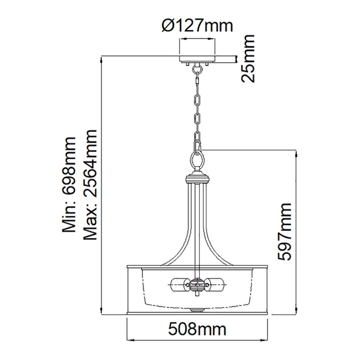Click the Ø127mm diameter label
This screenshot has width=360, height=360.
click(x=197, y=25)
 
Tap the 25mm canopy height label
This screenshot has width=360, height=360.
click(x=246, y=58)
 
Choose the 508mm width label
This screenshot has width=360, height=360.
click(x=197, y=329)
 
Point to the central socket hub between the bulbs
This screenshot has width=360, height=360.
click(x=197, y=284)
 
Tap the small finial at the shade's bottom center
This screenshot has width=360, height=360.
click(x=197, y=310)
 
